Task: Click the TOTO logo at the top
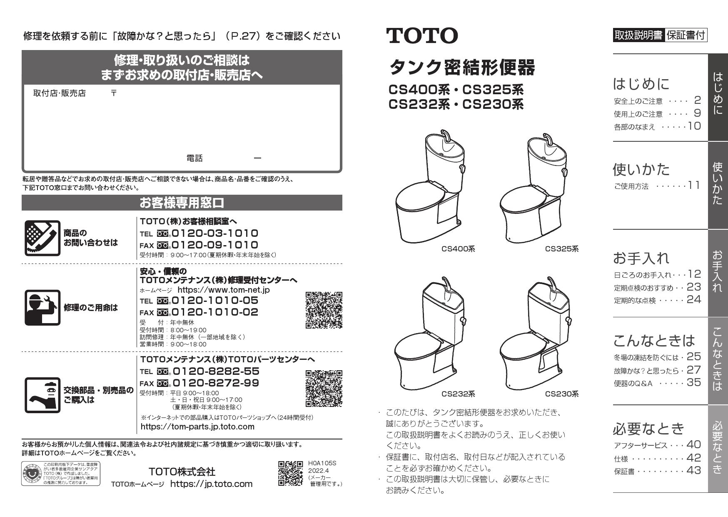coord(422,36)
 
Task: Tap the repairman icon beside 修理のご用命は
coord(42,308)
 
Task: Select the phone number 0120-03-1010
coord(215,233)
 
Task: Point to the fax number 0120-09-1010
coord(215,245)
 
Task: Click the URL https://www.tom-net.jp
coord(224,290)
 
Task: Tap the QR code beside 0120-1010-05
coord(324,310)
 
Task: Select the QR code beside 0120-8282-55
coord(324,388)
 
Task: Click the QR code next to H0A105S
coord(290,473)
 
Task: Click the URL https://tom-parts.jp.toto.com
coord(197,427)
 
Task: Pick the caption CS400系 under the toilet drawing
coord(458,249)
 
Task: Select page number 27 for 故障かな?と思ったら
coord(694,370)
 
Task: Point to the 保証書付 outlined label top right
coord(686,35)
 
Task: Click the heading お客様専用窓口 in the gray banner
coord(182,203)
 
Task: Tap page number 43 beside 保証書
coord(694,470)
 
